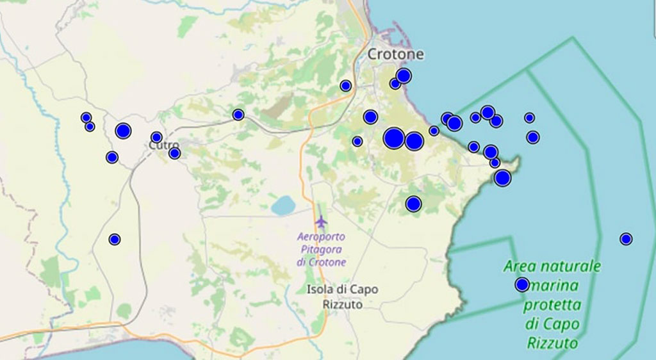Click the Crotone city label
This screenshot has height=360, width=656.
[x=395, y=54]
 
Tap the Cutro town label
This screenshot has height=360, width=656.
[x=164, y=145]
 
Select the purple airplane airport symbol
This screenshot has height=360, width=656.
[x=321, y=222]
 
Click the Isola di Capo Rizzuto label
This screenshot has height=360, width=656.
[x=342, y=297]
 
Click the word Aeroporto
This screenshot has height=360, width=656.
[x=322, y=236]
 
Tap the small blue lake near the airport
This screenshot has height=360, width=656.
[x=283, y=206]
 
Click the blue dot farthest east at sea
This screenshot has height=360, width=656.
[x=626, y=239]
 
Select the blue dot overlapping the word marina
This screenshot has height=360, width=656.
[x=522, y=285]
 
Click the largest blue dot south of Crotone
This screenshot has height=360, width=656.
[x=394, y=138]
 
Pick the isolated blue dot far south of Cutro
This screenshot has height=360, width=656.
[x=115, y=240]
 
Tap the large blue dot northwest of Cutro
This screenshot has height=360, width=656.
[x=123, y=131]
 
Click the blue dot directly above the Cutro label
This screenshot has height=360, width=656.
[x=156, y=137]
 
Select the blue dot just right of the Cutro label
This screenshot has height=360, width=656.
[x=174, y=153]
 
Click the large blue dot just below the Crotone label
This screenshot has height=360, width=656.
[x=403, y=76]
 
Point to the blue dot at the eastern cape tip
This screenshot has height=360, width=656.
[x=502, y=178]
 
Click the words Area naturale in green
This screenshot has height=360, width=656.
[x=552, y=266]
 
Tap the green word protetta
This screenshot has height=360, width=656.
[x=552, y=304]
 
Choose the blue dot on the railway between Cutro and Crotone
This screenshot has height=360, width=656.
[x=238, y=115]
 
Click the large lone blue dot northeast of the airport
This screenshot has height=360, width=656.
[x=413, y=204]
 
